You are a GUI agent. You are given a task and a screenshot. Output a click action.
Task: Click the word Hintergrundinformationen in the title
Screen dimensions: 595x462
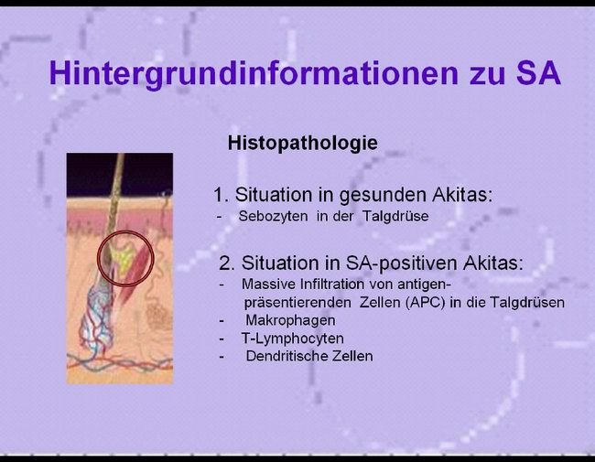254,73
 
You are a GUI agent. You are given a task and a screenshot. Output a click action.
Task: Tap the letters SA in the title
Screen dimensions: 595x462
538,73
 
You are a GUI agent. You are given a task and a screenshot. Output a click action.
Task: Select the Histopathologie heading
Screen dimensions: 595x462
302,144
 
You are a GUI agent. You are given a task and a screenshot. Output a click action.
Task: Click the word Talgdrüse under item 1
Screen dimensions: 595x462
395,216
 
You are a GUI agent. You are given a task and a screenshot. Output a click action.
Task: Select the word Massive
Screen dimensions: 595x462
265,284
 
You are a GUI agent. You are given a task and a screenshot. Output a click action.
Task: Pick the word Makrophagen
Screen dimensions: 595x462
290,320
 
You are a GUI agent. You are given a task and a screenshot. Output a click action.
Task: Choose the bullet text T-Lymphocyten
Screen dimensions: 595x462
293,338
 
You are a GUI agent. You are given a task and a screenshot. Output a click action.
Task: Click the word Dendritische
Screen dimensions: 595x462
287,356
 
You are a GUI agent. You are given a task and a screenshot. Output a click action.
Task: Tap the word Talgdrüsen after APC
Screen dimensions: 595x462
527,303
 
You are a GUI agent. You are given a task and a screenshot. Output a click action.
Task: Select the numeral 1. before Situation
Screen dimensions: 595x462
221,195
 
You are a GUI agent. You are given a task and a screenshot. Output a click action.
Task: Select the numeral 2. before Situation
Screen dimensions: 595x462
227,263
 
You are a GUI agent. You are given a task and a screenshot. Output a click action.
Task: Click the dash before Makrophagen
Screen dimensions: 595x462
222,321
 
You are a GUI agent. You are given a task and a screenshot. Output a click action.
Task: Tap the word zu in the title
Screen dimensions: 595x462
488,77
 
